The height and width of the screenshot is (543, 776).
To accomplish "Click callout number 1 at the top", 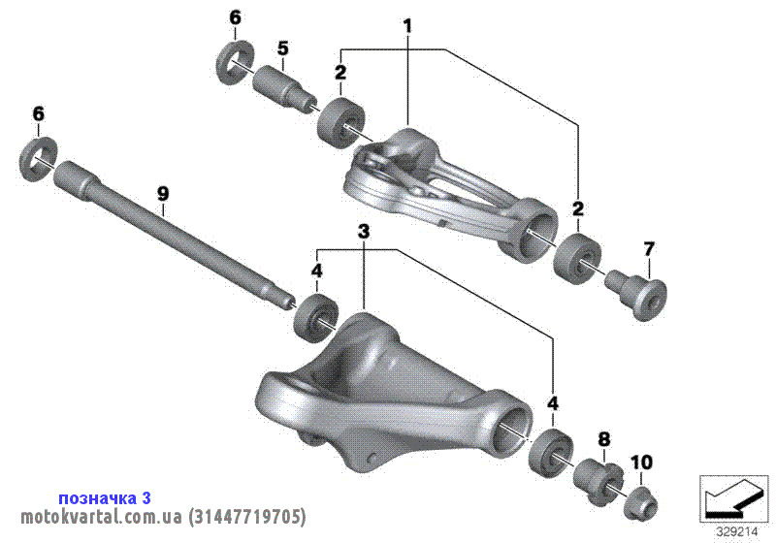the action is click(407, 26).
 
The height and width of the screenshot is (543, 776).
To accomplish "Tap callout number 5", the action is click(282, 48).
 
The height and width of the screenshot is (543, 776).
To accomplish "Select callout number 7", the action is click(649, 249).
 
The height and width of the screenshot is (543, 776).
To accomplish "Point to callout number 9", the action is click(163, 193).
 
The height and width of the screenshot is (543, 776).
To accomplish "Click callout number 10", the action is click(641, 463).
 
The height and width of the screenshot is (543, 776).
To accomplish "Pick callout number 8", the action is click(604, 438).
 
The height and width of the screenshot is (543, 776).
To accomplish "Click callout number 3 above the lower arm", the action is click(364, 231).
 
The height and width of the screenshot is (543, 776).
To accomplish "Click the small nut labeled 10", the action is click(642, 503).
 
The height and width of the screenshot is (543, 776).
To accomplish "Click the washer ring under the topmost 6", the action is click(236, 64).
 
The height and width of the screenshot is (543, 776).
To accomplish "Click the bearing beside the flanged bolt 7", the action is click(577, 259).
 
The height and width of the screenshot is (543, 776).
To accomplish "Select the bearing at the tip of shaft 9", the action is click(316, 317).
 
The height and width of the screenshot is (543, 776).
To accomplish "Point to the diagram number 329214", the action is click(737, 532).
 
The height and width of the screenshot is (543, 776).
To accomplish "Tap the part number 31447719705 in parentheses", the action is click(247, 517).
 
